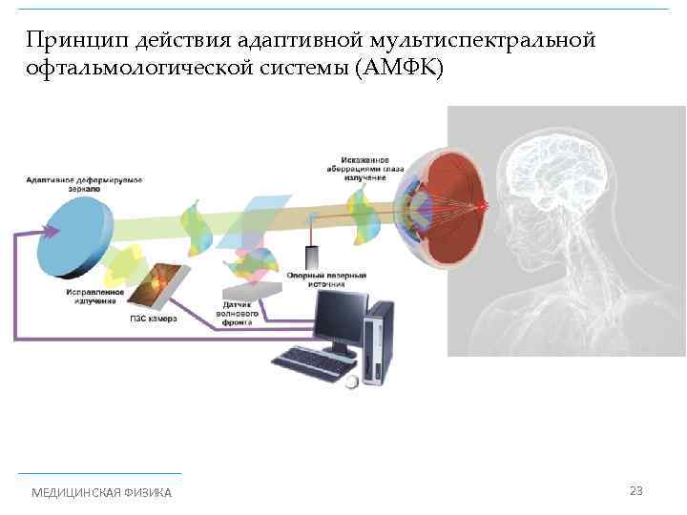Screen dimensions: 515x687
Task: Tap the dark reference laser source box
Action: (312, 257)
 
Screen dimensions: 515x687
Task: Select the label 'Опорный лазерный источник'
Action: (340, 279)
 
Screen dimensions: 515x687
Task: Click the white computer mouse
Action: (352, 381)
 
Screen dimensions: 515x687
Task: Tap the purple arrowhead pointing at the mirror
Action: (44, 230)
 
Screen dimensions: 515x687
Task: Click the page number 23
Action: (636, 490)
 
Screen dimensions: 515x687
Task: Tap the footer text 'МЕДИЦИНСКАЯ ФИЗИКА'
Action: (102, 492)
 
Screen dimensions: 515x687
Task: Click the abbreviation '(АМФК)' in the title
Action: (398, 71)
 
